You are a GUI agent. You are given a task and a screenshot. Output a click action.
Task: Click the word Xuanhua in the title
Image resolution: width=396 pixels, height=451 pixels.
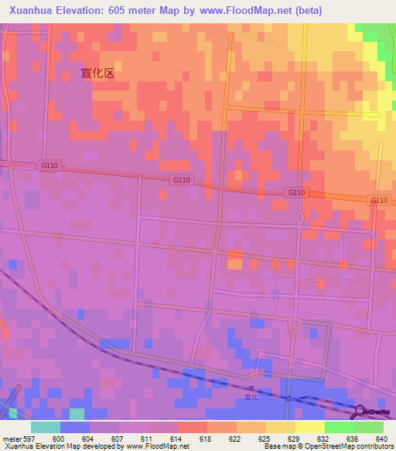click(33, 11)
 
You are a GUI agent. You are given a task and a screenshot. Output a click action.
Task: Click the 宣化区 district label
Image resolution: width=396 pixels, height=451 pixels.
click(97, 73)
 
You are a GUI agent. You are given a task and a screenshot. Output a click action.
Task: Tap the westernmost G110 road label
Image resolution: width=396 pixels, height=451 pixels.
click(49, 165)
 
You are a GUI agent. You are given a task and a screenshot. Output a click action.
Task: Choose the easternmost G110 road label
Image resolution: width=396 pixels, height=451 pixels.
click(378, 200)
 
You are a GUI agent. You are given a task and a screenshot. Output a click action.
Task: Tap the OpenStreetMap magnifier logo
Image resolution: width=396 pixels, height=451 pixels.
click(360, 411)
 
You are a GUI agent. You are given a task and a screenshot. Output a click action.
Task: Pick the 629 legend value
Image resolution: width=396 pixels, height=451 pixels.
click(295, 439)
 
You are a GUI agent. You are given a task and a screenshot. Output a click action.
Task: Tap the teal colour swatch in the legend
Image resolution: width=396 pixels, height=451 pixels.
click(46, 427)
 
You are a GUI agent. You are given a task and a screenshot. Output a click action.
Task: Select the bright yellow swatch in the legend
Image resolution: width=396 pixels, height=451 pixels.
click(310, 427)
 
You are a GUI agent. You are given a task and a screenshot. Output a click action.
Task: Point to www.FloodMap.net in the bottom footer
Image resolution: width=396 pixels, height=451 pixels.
click(154, 446)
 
